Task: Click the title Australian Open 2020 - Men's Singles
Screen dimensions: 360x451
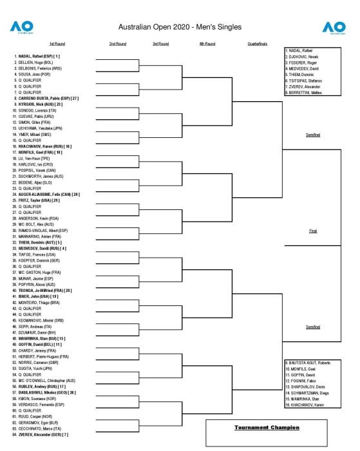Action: [x=180, y=27]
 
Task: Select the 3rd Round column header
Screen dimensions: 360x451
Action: [x=160, y=44]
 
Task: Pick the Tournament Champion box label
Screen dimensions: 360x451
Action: [x=267, y=427]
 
